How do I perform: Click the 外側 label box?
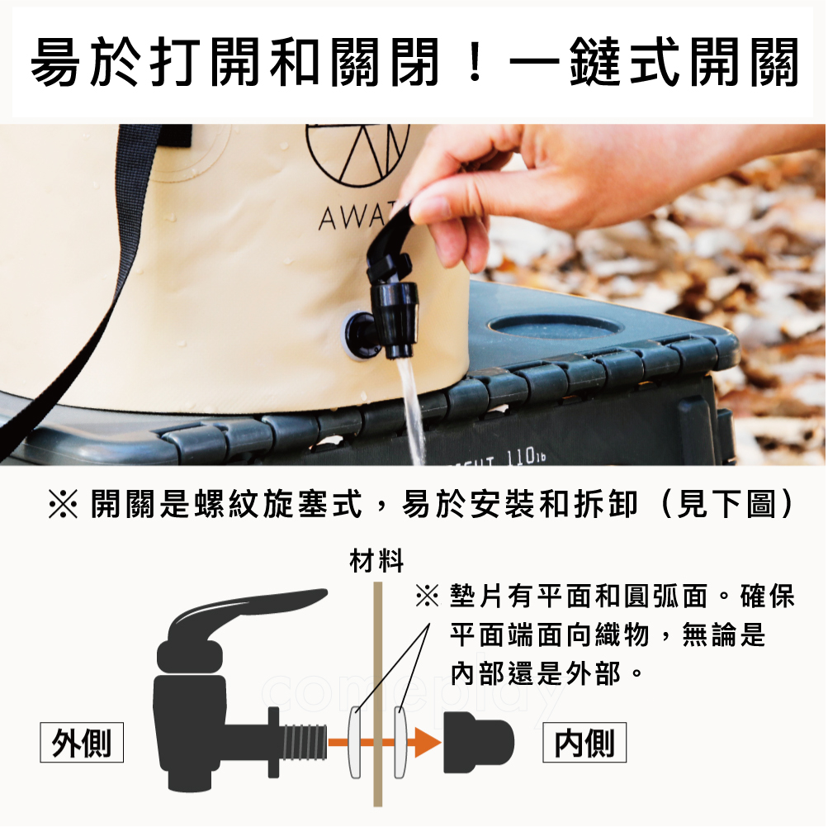click(x=82, y=742)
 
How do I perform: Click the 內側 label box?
click(x=584, y=742)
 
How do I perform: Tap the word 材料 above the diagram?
click(x=376, y=561)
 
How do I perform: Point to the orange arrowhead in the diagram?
click(x=427, y=743)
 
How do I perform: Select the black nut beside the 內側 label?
click(x=478, y=742)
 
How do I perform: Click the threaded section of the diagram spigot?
click(x=303, y=743)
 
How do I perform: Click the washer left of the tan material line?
click(x=355, y=742)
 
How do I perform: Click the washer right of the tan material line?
click(x=400, y=742)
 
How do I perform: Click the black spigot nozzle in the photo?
click(x=396, y=319)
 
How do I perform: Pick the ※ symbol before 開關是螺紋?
click(x=63, y=505)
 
